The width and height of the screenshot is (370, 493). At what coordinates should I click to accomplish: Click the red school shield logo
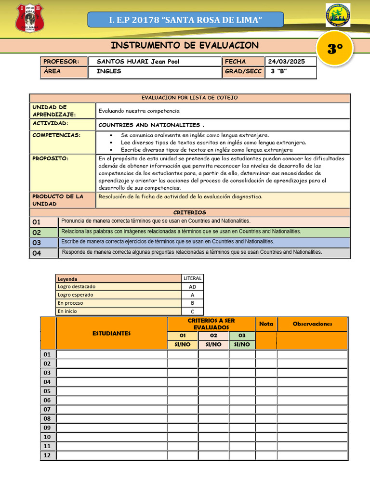click(x=29, y=18)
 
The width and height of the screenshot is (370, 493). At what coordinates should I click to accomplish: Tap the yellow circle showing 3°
click(x=335, y=49)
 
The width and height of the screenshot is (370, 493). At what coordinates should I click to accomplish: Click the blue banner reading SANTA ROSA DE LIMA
click(x=185, y=20)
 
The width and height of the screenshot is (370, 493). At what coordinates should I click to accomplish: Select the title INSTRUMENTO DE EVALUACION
click(x=185, y=45)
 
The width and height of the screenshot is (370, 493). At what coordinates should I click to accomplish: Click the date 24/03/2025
click(x=287, y=62)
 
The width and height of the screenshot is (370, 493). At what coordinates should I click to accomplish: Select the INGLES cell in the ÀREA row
click(x=109, y=71)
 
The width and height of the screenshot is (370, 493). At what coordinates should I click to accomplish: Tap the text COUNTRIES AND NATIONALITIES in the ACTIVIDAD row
click(x=148, y=125)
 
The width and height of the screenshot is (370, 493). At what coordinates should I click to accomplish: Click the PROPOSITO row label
click(x=50, y=158)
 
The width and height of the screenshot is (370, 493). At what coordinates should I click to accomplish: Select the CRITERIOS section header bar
click(x=189, y=212)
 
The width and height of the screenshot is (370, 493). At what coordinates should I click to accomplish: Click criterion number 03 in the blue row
click(x=37, y=243)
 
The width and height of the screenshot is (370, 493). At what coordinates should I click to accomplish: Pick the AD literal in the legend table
click(x=193, y=286)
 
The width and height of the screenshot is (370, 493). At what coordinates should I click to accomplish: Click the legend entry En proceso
click(x=70, y=303)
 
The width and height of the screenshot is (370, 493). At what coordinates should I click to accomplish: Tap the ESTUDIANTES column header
click(x=111, y=333)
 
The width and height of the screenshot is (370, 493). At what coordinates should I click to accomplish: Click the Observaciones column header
click(x=312, y=324)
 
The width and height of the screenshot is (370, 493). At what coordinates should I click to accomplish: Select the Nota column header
click(x=266, y=324)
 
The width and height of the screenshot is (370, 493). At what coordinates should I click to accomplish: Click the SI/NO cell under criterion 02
click(x=213, y=344)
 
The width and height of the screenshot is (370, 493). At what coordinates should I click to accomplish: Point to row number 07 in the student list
click(x=47, y=409)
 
